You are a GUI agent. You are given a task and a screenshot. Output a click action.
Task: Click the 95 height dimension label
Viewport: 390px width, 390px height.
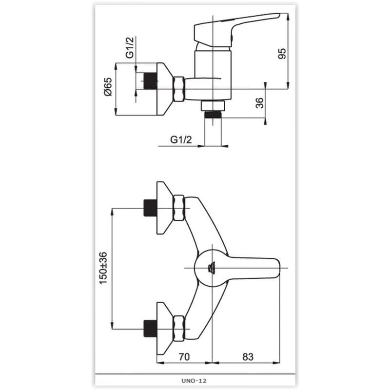coord(282,53)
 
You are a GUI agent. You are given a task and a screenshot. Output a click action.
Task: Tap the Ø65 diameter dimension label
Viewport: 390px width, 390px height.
coord(108,87)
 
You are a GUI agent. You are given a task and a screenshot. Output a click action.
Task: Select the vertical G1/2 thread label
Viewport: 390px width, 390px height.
coord(130,47)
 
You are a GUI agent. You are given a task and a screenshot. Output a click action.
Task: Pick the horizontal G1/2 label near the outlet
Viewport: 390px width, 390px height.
coord(181,140)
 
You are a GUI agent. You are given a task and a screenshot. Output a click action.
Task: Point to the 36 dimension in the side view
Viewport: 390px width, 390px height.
coord(259,103)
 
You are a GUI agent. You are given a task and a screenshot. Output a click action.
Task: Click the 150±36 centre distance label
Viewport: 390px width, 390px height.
coord(103,268)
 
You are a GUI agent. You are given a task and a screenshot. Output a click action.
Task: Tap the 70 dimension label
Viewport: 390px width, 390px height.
coord(184,357)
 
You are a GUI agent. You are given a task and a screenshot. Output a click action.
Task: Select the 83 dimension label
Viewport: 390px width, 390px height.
coord(248,357)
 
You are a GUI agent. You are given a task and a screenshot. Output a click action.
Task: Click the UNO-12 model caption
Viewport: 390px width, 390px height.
coord(194,381)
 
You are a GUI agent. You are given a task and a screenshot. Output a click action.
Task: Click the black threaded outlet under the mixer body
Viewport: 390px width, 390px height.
coord(213,115)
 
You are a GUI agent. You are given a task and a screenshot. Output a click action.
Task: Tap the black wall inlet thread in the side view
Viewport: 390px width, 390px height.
coord(150,81)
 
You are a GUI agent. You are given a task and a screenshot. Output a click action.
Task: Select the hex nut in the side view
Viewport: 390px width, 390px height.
coord(179,89)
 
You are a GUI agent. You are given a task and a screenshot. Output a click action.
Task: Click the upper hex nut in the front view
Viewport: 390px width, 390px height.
coord(179,208)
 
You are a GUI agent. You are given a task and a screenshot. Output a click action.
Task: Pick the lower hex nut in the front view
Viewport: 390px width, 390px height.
coord(179,329)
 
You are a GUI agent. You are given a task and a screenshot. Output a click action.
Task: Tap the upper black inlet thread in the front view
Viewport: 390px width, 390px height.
coord(150,208)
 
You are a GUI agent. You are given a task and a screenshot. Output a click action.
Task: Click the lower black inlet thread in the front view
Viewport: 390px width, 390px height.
coord(150,329)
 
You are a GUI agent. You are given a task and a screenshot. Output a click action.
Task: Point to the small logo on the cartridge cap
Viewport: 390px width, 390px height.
coord(212,269)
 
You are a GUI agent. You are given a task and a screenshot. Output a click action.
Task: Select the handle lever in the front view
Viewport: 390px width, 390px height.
coord(253,268)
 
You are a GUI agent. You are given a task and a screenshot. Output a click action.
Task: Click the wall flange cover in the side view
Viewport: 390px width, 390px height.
coord(164,89)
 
